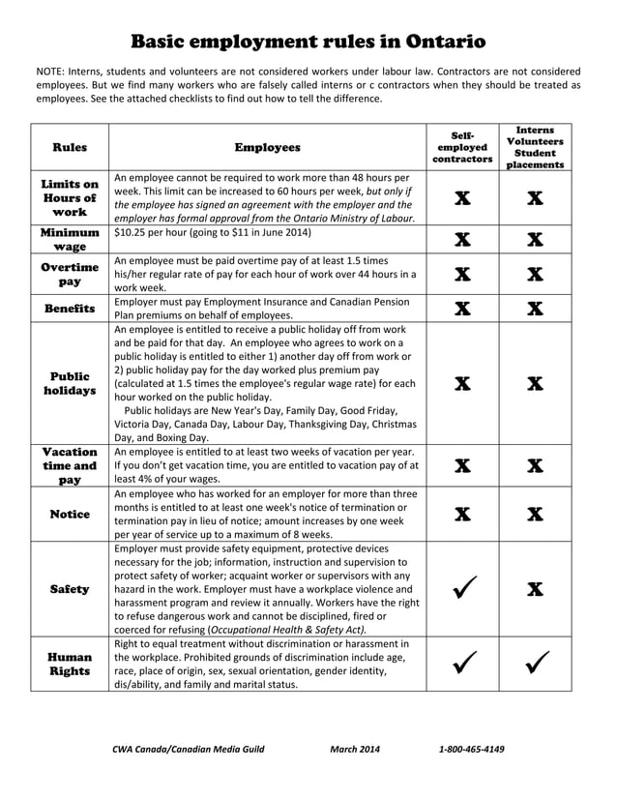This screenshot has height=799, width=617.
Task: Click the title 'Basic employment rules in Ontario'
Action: tap(308, 42)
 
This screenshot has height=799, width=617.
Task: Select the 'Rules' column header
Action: tap(70, 147)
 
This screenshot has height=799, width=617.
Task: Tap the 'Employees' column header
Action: tap(267, 147)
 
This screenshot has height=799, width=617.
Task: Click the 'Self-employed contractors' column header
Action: tap(462, 147)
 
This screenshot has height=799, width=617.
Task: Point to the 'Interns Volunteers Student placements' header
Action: tap(535, 147)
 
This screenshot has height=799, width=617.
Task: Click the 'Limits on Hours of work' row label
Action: tap(70, 198)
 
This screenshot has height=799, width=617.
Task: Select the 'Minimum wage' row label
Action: tap(70, 239)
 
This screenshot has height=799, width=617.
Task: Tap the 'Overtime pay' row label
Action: tap(70, 274)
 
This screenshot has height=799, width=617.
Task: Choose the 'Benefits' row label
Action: tap(70, 309)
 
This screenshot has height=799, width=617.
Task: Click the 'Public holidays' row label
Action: tap(70, 383)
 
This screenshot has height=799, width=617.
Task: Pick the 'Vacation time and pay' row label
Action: tap(70, 464)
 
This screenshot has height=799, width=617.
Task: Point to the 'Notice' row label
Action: tap(70, 514)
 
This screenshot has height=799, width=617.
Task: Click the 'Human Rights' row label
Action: tap(70, 664)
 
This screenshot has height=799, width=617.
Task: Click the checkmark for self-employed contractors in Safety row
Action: tap(462, 588)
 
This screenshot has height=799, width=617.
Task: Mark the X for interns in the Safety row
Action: tap(535, 588)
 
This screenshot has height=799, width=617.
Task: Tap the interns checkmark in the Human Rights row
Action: tap(535, 664)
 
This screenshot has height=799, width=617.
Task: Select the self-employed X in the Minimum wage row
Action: tap(462, 239)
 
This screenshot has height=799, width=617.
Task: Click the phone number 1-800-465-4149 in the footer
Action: tap(471, 749)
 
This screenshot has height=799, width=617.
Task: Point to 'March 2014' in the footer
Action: tap(355, 749)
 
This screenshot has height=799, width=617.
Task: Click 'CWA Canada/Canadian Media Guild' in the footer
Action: tap(188, 749)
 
